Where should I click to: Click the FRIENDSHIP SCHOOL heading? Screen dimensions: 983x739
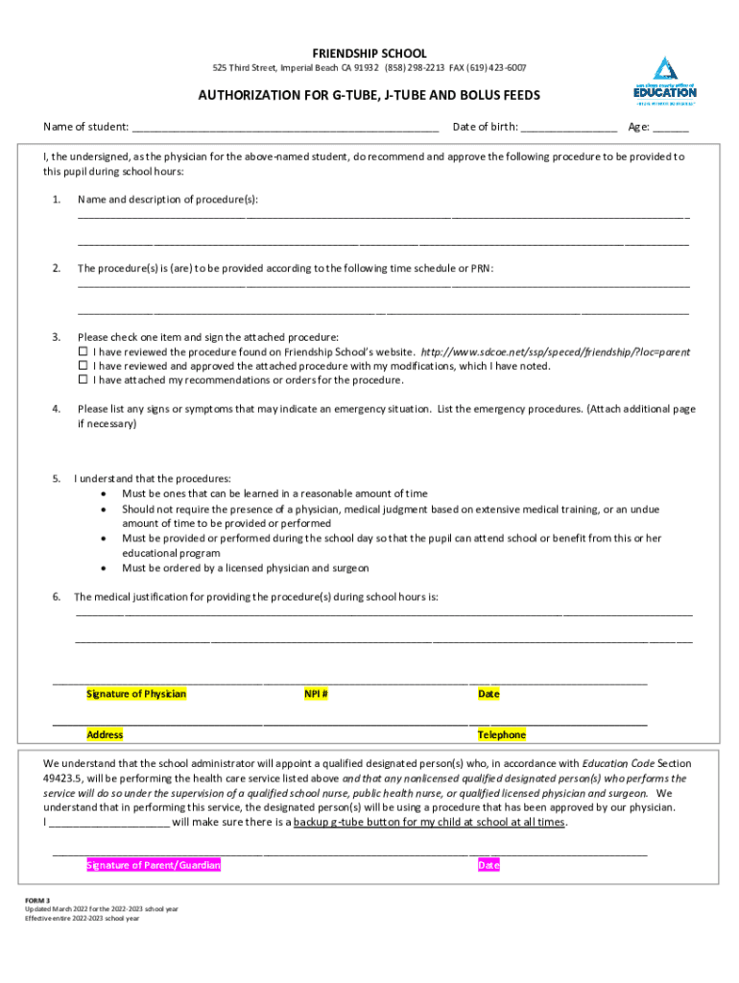pyautogui.click(x=369, y=54)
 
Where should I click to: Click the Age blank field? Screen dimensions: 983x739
pyautogui.click(x=672, y=127)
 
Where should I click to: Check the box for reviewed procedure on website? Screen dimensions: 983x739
pyautogui.click(x=83, y=352)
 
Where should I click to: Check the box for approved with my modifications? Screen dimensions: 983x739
pyautogui.click(x=83, y=366)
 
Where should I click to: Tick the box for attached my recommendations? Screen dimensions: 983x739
pyautogui.click(x=83, y=380)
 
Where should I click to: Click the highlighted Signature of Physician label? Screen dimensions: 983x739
pyautogui.click(x=136, y=694)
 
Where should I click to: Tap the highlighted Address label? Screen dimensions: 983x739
pyautogui.click(x=105, y=735)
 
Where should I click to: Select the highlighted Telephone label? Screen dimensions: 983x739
pyautogui.click(x=502, y=735)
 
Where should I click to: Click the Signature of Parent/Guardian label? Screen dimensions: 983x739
pyautogui.click(x=154, y=866)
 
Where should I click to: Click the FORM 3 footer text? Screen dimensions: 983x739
pyautogui.click(x=38, y=900)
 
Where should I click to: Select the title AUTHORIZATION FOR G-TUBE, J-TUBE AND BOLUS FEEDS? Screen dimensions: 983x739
pyautogui.click(x=369, y=96)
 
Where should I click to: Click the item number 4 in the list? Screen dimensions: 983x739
pyautogui.click(x=57, y=409)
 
